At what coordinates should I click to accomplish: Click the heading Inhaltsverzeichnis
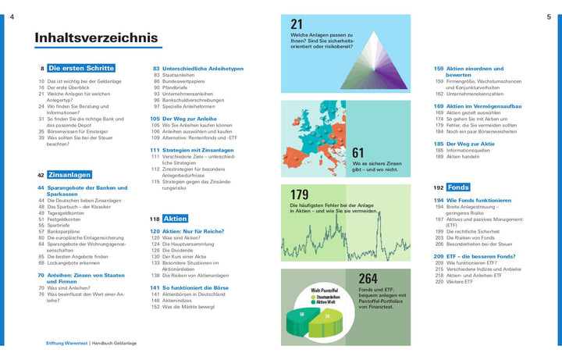96,37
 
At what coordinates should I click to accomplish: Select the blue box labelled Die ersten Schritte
80,69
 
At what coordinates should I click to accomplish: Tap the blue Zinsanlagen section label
69,175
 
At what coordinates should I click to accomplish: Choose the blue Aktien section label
175,219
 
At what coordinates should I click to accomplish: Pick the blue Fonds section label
458,187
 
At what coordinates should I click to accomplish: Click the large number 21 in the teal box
297,25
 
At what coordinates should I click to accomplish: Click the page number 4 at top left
12,16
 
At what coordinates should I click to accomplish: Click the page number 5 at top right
549,16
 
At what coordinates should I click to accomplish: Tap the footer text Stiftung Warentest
66,344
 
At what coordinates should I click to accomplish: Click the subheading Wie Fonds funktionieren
478,201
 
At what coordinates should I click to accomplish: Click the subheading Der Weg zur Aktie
465,144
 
